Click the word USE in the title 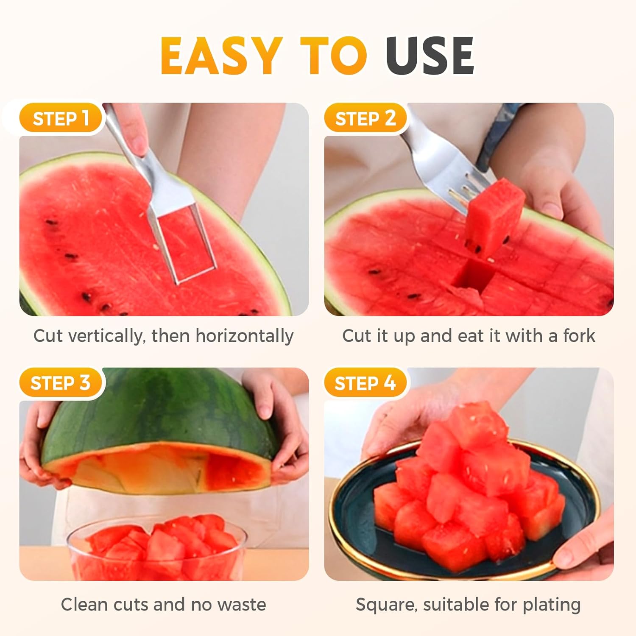click(x=430, y=56)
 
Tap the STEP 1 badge click(x=61, y=118)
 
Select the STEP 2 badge click(x=365, y=118)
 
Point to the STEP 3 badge click(x=60, y=383)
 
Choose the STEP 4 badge click(x=365, y=383)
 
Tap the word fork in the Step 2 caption click(x=579, y=336)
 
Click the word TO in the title click(x=333, y=56)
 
